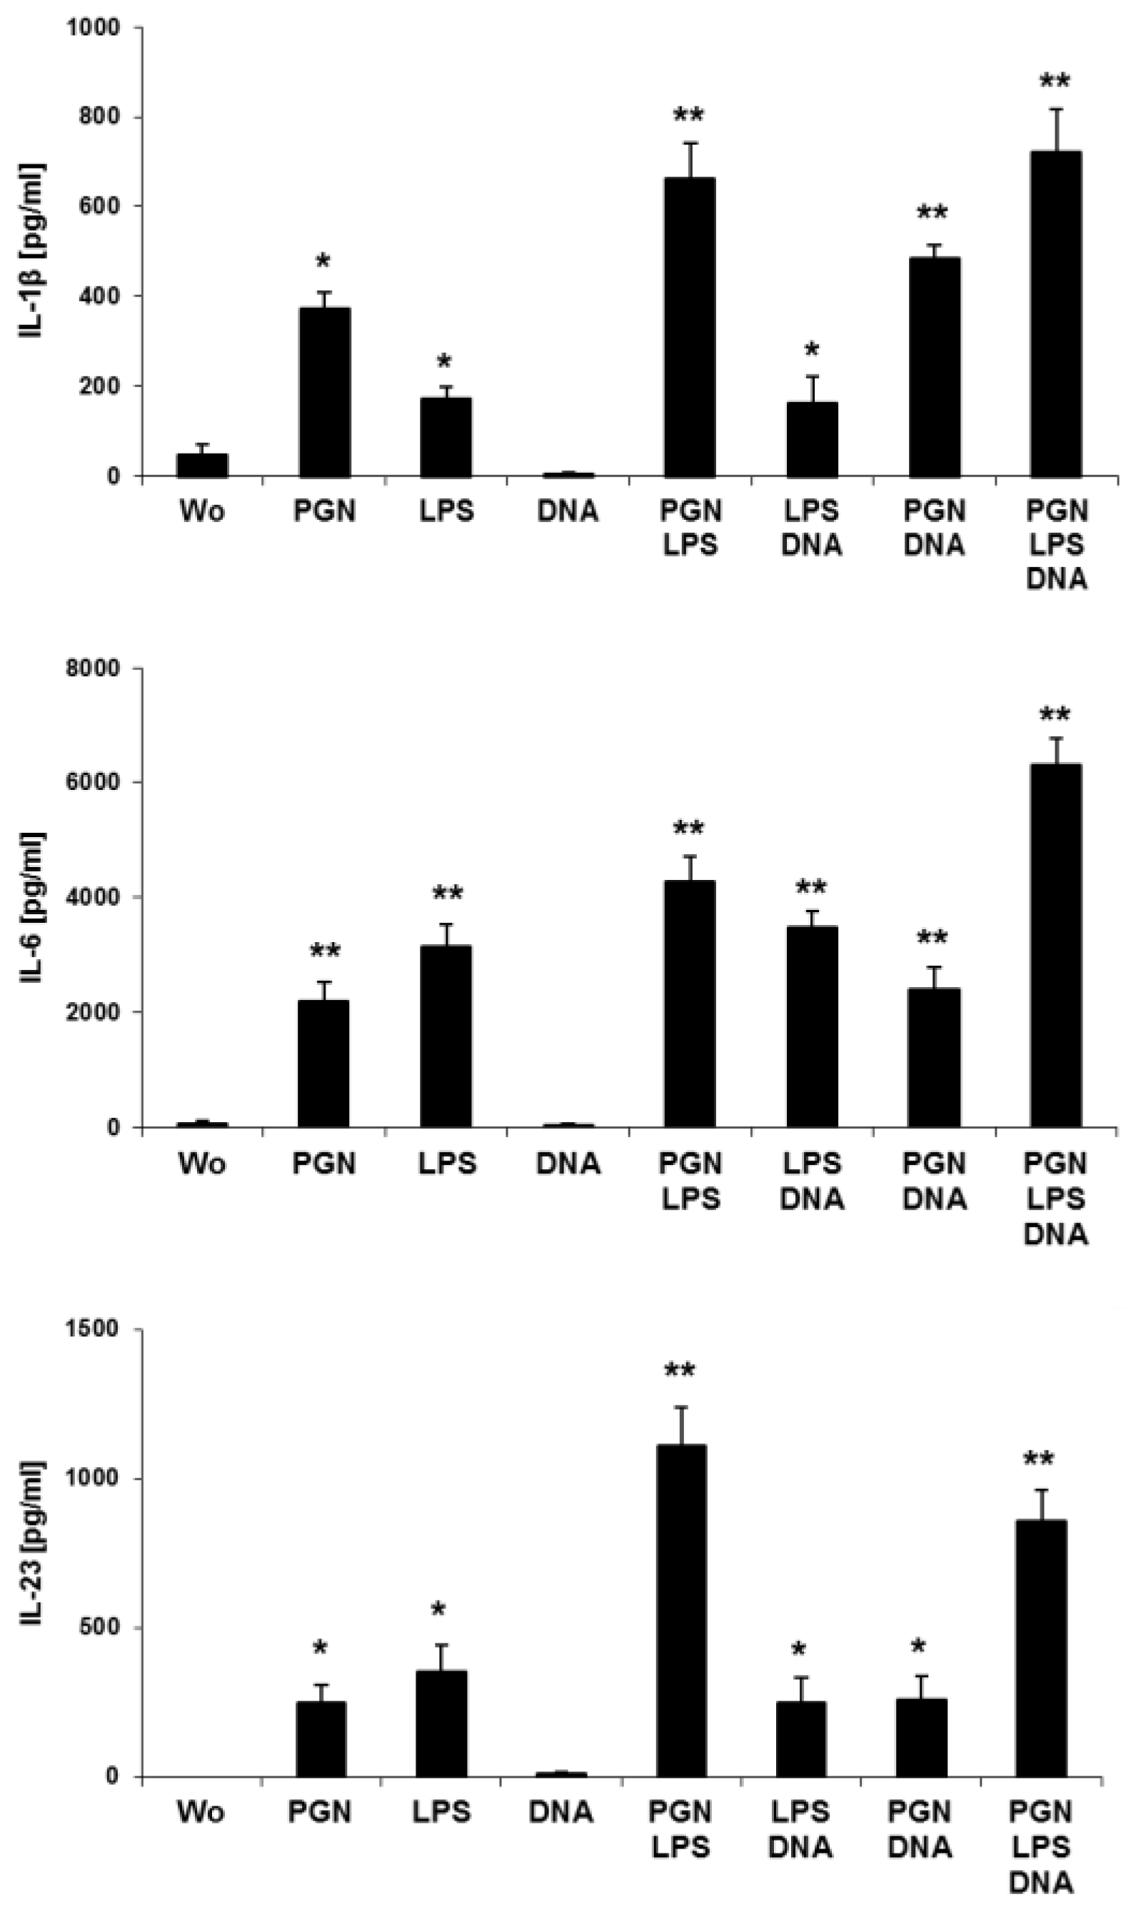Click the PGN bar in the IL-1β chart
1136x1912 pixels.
point(325,392)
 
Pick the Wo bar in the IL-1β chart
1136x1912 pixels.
point(202,466)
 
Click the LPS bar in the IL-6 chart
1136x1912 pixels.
point(446,1036)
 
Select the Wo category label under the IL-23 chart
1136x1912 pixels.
point(201,1812)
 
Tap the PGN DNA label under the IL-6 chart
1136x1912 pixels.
point(934,1181)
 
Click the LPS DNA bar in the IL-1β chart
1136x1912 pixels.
point(813,439)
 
